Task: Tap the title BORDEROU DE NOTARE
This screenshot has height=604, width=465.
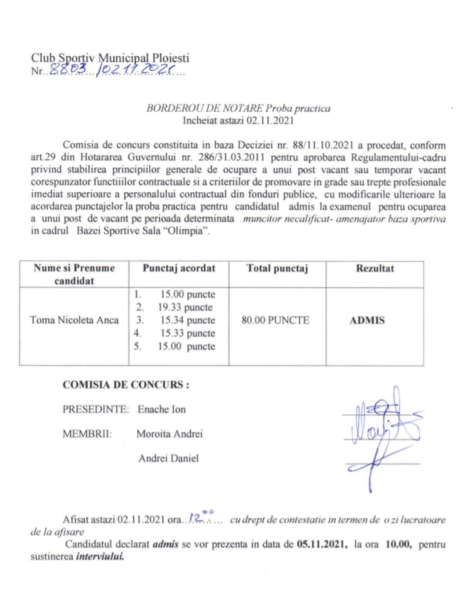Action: (x=205, y=108)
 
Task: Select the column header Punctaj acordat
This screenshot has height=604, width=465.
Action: (x=179, y=268)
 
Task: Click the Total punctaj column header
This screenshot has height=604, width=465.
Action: (x=277, y=268)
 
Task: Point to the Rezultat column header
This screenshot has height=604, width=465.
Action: (x=375, y=268)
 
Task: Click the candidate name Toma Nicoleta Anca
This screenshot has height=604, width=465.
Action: (x=74, y=320)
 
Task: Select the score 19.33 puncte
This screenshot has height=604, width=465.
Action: (x=185, y=307)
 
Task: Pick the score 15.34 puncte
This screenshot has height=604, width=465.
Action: (x=188, y=320)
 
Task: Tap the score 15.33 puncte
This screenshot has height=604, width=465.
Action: (x=188, y=333)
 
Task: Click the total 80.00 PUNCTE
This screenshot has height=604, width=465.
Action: (x=275, y=320)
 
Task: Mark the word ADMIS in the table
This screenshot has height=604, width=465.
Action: (x=367, y=321)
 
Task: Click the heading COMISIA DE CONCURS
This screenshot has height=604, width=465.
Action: (x=126, y=385)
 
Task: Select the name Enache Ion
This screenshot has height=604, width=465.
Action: (x=162, y=409)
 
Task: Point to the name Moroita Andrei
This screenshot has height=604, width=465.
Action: (x=169, y=434)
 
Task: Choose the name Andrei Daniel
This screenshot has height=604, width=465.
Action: (x=169, y=458)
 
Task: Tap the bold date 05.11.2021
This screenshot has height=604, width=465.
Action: (x=320, y=544)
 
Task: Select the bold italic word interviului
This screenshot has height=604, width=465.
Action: (x=100, y=556)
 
